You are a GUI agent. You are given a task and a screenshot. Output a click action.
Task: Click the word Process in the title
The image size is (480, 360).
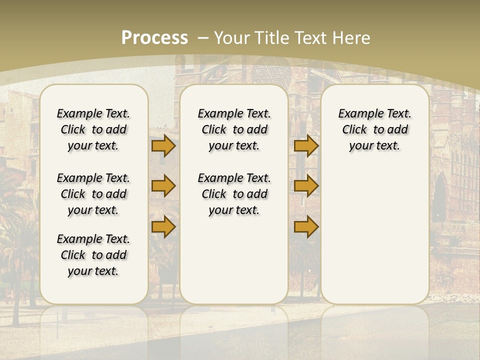[154, 38]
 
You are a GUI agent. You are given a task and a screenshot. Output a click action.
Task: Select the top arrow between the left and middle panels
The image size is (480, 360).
[163, 145]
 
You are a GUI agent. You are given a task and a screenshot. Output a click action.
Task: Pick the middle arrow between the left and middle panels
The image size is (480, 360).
[163, 186]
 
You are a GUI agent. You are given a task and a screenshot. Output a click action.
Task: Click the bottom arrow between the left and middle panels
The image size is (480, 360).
[163, 226]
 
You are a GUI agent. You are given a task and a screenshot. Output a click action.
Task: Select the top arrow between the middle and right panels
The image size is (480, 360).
[306, 145]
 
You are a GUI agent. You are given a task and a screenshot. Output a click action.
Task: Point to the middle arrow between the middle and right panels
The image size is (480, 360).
[306, 186]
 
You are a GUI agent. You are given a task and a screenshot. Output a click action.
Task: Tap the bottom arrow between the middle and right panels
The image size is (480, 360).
[306, 226]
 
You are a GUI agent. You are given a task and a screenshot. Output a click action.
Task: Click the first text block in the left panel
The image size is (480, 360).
[93, 129]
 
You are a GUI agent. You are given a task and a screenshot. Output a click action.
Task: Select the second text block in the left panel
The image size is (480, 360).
[93, 194]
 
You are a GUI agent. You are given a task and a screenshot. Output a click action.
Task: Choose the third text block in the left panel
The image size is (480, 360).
[93, 255]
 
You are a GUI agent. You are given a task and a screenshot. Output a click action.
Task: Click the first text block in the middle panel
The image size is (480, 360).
[234, 129]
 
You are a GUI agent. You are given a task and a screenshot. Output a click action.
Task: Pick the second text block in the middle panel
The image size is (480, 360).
[234, 194]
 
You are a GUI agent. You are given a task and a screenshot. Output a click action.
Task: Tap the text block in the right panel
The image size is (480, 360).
[375, 129]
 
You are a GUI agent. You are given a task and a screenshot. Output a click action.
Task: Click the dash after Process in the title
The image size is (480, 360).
[203, 38]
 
